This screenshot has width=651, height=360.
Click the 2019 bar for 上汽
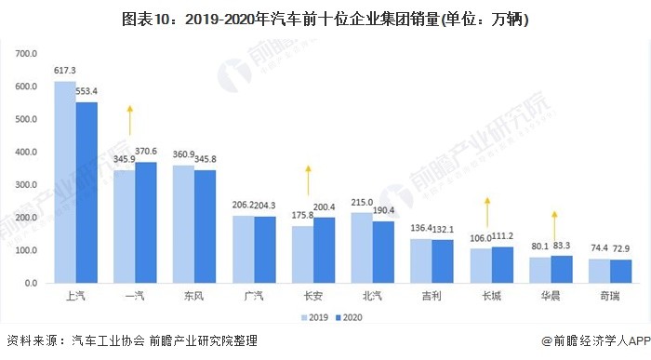pyautogui.click(x=65, y=182)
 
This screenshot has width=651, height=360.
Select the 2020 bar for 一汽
pyautogui.click(x=146, y=222)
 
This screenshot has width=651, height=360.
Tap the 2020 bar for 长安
pyautogui.click(x=325, y=250)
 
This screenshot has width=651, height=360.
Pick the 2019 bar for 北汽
pyautogui.click(x=362, y=247)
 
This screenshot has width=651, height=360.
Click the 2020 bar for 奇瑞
pyautogui.click(x=620, y=272)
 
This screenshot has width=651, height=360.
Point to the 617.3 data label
pyautogui.click(x=65, y=71)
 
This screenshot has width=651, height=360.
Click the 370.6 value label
pyautogui.click(x=146, y=151)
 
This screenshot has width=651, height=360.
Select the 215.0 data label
pyautogui.click(x=362, y=202)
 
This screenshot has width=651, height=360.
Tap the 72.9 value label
pyautogui.click(x=621, y=248)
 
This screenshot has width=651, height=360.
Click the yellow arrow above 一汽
pyautogui.click(x=130, y=120)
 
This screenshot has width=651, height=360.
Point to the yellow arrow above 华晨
pyautogui.click(x=554, y=226)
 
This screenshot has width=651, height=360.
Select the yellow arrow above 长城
pyautogui.click(x=487, y=213)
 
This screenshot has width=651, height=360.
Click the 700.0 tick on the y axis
pyautogui.click(x=26, y=54)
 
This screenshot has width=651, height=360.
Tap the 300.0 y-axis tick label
pyautogui.click(x=26, y=185)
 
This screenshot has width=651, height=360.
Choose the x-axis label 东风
pyautogui.click(x=193, y=296)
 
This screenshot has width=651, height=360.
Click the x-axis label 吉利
pyautogui.click(x=432, y=296)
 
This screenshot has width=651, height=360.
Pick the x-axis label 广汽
pyautogui.click(x=253, y=296)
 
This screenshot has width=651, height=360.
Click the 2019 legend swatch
pyautogui.click(x=304, y=317)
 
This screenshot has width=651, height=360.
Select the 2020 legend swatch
pyautogui.click(x=338, y=317)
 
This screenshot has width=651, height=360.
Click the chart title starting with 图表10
pyautogui.click(x=325, y=20)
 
